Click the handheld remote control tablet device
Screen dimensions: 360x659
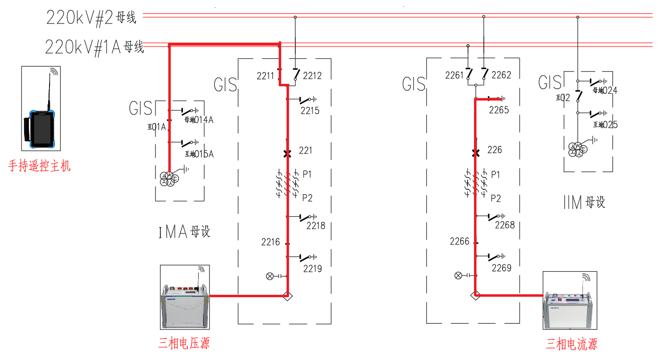[41, 129]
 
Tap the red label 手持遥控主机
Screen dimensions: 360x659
[39, 166]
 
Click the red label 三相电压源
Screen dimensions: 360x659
[184, 343]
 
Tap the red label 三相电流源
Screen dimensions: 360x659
[572, 344]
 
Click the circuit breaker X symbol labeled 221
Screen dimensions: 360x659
[288, 154]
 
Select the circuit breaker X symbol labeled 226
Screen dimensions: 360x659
[475, 153]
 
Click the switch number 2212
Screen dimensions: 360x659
[312, 76]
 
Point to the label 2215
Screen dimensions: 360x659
[310, 111]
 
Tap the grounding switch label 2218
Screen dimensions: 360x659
[316, 226]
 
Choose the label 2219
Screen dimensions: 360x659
[312, 268]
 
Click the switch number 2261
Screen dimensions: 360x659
[454, 75]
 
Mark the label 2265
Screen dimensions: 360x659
[499, 110]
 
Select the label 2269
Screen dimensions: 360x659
[501, 268]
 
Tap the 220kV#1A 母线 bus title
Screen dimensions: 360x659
[94, 47]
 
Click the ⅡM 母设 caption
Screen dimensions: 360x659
[584, 202]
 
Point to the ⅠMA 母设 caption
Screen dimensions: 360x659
[185, 231]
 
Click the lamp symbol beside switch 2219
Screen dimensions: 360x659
[269, 276]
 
